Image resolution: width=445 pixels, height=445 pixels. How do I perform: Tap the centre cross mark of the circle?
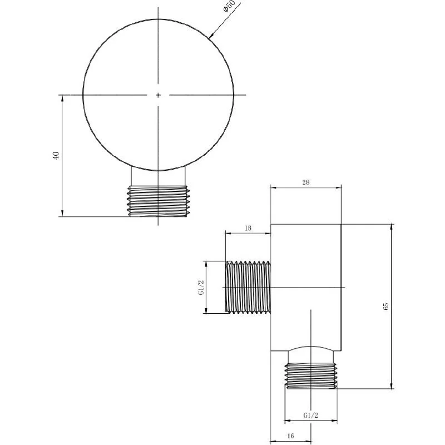click(x=158, y=95)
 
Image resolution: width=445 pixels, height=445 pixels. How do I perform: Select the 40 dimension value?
click(x=55, y=156)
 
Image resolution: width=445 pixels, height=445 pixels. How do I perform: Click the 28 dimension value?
click(x=306, y=182)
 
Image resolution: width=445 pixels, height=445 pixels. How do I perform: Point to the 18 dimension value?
click(x=248, y=228)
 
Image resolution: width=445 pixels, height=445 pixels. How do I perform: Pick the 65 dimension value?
click(x=385, y=306)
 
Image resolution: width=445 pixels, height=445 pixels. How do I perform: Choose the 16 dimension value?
click(x=291, y=436)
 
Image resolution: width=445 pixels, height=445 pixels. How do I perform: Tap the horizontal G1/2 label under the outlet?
click(x=310, y=416)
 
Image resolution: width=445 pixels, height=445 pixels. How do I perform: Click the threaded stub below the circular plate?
click(x=158, y=200)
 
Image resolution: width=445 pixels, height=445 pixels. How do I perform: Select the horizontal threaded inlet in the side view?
click(x=248, y=286)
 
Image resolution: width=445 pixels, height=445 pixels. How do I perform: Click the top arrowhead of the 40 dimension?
click(x=62, y=98)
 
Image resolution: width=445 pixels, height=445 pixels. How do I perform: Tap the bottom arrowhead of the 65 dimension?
click(x=393, y=386)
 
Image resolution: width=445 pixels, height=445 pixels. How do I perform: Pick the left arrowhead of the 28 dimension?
click(x=274, y=188)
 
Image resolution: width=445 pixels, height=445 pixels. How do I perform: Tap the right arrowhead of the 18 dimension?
click(x=268, y=234)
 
